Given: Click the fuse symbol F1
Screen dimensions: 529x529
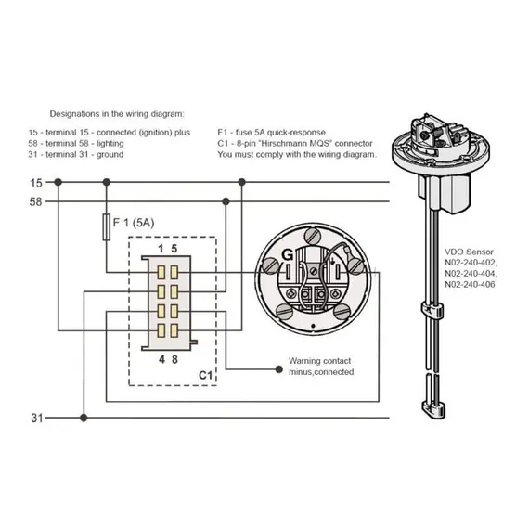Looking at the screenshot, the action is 107,227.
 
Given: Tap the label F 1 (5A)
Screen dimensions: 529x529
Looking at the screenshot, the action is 134,223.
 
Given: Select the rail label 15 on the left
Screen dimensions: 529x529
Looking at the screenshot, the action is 36,183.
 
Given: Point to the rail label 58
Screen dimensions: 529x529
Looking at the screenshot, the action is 36,202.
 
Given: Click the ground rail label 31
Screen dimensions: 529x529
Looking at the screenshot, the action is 37,418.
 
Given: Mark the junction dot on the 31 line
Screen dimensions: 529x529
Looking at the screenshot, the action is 84,418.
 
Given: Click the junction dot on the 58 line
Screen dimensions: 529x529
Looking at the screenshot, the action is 226,201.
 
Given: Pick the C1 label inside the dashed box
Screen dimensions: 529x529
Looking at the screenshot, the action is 205,375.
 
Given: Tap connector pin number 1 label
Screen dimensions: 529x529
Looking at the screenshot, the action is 161,249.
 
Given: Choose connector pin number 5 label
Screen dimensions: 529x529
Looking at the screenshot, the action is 174,249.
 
